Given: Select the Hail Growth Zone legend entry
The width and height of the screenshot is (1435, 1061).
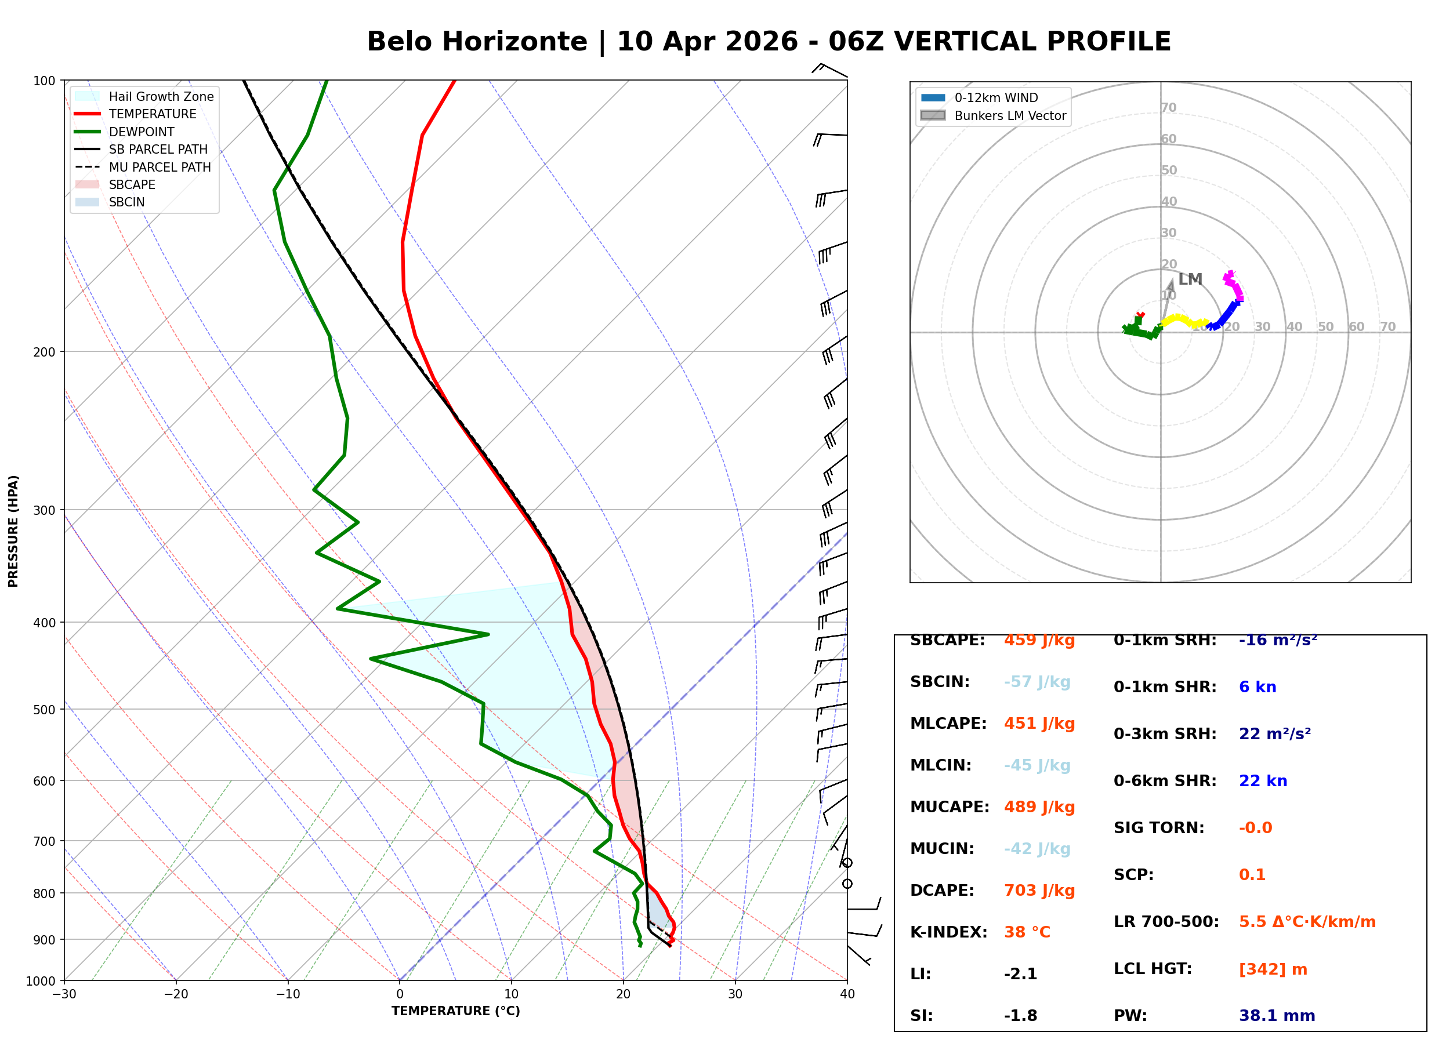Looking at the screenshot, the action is pyautogui.click(x=144, y=96).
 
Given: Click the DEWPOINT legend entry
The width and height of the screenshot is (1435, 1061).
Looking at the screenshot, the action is pyautogui.click(x=125, y=132).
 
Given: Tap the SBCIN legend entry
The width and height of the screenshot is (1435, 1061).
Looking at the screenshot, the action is pyautogui.click(x=110, y=202).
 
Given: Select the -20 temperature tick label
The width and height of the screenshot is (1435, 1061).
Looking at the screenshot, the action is pyautogui.click(x=176, y=994).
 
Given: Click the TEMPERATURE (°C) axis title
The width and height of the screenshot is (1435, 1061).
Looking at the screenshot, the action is pyautogui.click(x=456, y=1011).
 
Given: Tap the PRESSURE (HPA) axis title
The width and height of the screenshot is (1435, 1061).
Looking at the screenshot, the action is pyautogui.click(x=13, y=531).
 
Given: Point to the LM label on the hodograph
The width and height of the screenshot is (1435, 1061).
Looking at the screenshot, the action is pyautogui.click(x=1190, y=279).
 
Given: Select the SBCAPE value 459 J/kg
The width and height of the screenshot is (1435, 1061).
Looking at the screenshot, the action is pyautogui.click(x=1039, y=640).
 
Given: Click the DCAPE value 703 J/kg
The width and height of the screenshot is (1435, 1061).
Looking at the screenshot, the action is pyautogui.click(x=1039, y=891).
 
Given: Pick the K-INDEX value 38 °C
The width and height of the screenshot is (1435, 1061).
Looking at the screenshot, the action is pyautogui.click(x=1027, y=932).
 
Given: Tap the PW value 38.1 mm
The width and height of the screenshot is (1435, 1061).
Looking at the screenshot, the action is pyautogui.click(x=1277, y=1016).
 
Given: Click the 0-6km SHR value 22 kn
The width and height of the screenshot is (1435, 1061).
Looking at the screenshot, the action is pyautogui.click(x=1263, y=781).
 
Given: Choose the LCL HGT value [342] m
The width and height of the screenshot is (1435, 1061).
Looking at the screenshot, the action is pyautogui.click(x=1273, y=969).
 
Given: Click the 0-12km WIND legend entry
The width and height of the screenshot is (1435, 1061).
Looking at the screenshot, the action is pyautogui.click(x=979, y=97).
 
